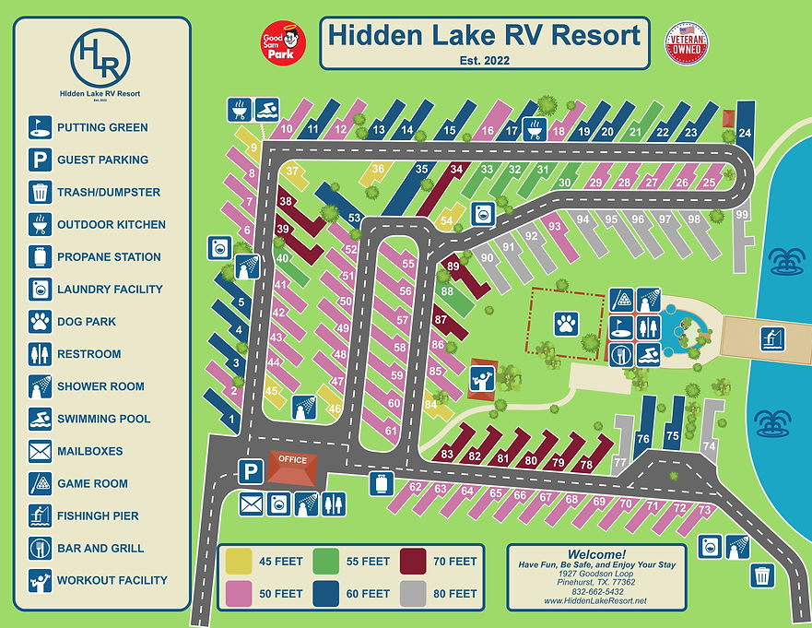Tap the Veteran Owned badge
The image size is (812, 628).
(x=687, y=43)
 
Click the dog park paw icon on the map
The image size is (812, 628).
(x=565, y=323)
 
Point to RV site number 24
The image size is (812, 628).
(x=745, y=132)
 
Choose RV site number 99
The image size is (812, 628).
(x=743, y=215)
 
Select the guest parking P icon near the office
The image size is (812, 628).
(x=248, y=471)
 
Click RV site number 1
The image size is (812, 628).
(x=231, y=423)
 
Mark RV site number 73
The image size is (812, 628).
(x=705, y=510)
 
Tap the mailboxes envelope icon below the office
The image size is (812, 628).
(x=251, y=504)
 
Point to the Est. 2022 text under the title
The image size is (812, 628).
(x=484, y=61)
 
